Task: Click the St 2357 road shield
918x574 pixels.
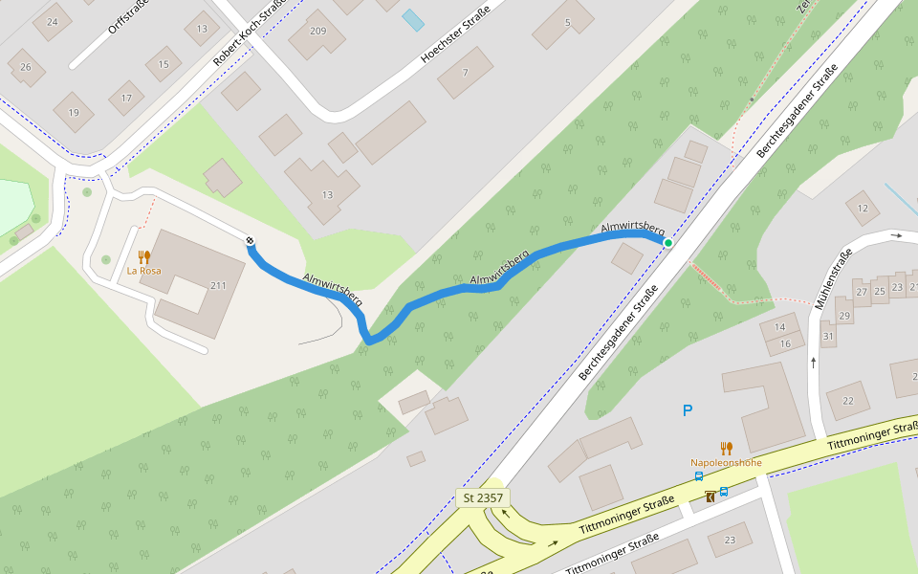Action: [x=483, y=497]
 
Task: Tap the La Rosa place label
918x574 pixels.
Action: [x=143, y=271]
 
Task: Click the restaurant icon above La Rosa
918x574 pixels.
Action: [x=144, y=256]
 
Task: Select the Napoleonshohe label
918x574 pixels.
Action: [x=726, y=463]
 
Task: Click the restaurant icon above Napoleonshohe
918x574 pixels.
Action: [x=727, y=448]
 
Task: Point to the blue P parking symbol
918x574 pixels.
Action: [x=687, y=410]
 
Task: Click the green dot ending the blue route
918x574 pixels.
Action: [x=668, y=243]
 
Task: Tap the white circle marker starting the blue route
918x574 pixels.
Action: [x=250, y=240]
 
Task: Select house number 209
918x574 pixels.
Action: [x=317, y=32]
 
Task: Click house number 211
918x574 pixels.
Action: [x=218, y=285]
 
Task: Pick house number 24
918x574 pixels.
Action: [x=52, y=22]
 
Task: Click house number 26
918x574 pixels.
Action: [x=26, y=67]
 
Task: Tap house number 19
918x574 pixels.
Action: [x=74, y=113]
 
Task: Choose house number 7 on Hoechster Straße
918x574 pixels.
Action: [x=465, y=73]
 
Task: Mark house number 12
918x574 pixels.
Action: [x=863, y=208]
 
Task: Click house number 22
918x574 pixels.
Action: [x=847, y=401]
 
